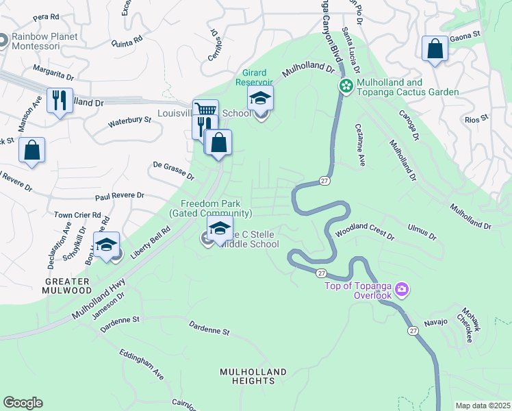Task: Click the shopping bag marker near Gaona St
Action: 435,49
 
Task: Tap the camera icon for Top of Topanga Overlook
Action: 402,289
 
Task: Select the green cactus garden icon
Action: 346,86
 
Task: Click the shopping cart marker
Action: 205,110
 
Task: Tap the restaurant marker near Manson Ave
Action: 60,101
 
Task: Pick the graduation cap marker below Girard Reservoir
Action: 260,99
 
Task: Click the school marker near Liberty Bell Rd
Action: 107,245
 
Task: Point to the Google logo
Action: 23,403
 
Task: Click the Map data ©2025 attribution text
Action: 482,406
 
